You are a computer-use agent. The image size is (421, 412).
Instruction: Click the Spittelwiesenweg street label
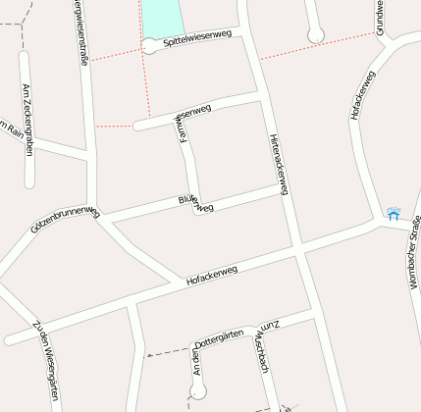pyautogui.click(x=197, y=38)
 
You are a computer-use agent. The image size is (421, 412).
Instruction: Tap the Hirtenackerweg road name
pyautogui.click(x=277, y=163)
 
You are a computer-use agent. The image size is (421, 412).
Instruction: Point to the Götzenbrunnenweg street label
pyautogui.click(x=66, y=219)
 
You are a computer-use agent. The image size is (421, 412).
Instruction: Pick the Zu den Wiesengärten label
pyautogui.click(x=46, y=359)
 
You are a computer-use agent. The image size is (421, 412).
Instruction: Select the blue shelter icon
pyautogui.click(x=394, y=213)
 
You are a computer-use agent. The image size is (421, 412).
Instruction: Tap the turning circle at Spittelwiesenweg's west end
pyautogui.click(x=149, y=45)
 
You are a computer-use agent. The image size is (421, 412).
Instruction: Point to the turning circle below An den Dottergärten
pyautogui.click(x=197, y=390)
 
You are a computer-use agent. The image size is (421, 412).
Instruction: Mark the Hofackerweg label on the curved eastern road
pyautogui.click(x=362, y=95)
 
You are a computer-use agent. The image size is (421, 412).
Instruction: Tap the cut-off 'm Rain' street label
pyautogui.click(x=9, y=129)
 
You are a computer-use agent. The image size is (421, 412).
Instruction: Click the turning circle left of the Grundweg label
pyautogui.click(x=316, y=36)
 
